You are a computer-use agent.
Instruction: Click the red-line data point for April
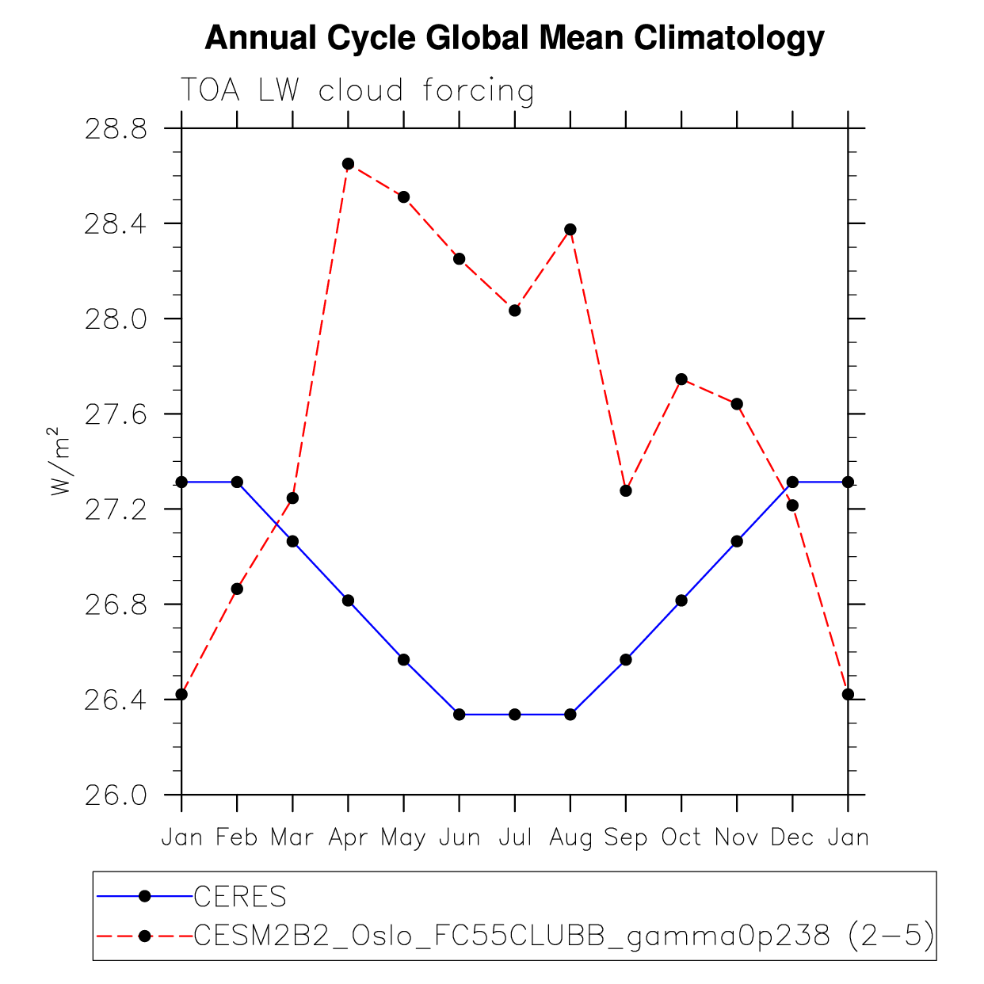(348, 164)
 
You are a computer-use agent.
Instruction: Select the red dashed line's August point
(570, 230)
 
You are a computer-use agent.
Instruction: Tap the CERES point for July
(515, 715)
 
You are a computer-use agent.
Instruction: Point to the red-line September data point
(626, 491)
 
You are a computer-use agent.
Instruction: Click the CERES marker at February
(237, 482)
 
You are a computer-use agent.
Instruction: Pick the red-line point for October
(681, 379)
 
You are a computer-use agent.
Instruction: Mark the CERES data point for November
(737, 541)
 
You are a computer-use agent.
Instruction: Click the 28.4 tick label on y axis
(116, 224)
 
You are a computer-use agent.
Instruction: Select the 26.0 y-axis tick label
(116, 795)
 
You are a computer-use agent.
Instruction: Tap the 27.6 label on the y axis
(116, 414)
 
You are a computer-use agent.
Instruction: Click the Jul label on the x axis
(515, 837)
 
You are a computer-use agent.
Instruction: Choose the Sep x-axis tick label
(626, 837)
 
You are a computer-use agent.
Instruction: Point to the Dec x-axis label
(792, 837)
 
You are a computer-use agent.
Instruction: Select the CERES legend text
(240, 897)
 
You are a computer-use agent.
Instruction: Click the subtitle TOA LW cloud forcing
(357, 90)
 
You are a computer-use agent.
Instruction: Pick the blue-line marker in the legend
(144, 896)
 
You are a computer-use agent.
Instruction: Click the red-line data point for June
(459, 259)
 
